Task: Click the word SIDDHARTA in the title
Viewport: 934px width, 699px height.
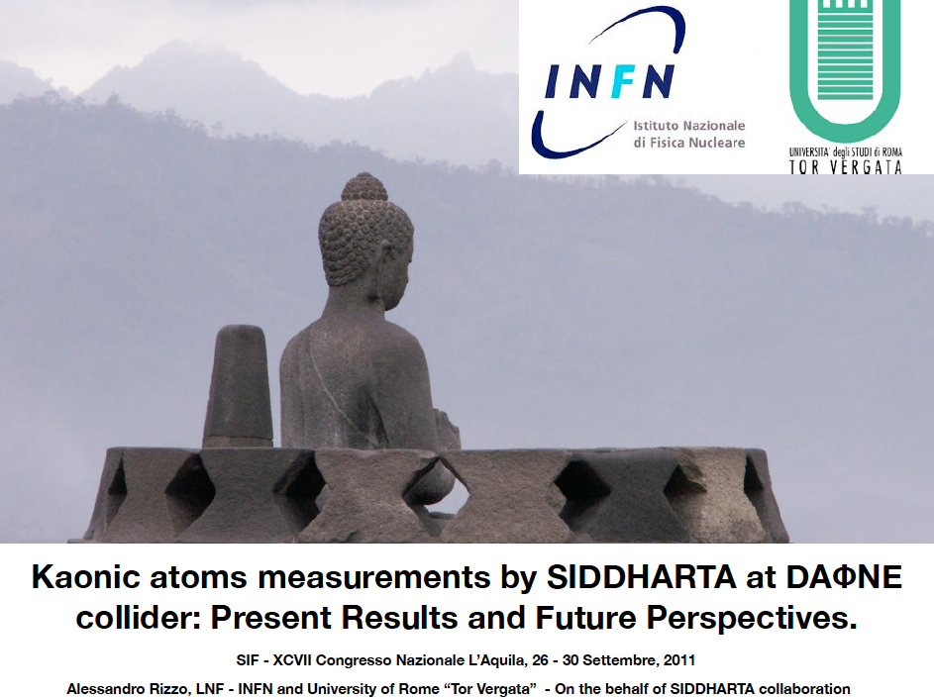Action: click(x=642, y=577)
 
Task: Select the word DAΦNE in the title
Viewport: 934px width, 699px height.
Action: click(x=844, y=577)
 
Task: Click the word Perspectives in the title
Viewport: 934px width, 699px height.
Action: click(x=752, y=618)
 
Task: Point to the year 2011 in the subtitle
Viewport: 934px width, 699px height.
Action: click(x=680, y=660)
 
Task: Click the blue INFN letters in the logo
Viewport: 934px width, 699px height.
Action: click(x=609, y=81)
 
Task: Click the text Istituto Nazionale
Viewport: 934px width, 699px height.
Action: click(x=689, y=126)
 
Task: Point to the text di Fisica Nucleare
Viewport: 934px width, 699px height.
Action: click(x=689, y=143)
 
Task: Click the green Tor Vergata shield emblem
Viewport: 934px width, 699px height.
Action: click(x=845, y=62)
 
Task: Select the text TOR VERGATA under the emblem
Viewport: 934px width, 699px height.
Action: click(x=845, y=167)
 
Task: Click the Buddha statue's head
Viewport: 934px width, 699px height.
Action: click(x=365, y=240)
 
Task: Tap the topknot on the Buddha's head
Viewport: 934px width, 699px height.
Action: click(x=363, y=186)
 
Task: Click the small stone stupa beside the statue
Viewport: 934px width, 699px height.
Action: click(x=239, y=386)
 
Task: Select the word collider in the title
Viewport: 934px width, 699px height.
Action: click(x=139, y=618)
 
